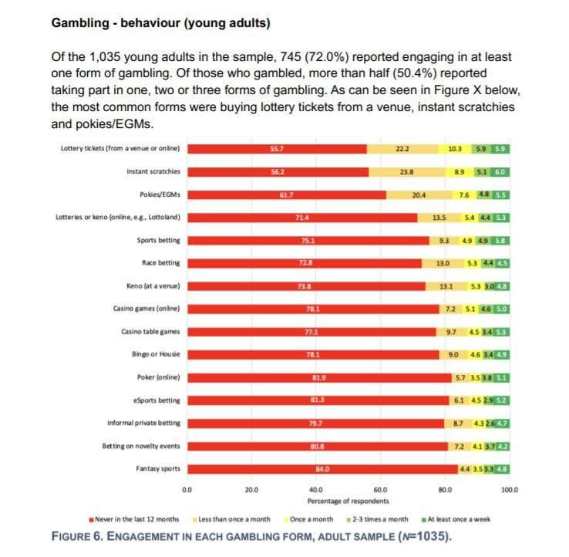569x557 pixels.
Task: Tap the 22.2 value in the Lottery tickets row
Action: tap(402, 148)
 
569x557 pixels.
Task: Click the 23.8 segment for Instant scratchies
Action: tap(408, 171)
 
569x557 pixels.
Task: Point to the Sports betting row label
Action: tap(158, 241)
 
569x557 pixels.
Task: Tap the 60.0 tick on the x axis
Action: tap(379, 489)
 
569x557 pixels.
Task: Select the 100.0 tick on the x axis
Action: tap(510, 489)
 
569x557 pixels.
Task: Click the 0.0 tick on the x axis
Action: tap(186, 489)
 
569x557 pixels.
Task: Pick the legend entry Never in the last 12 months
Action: tap(136, 518)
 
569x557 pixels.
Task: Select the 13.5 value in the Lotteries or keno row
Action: tap(439, 218)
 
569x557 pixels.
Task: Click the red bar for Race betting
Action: tap(305, 263)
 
